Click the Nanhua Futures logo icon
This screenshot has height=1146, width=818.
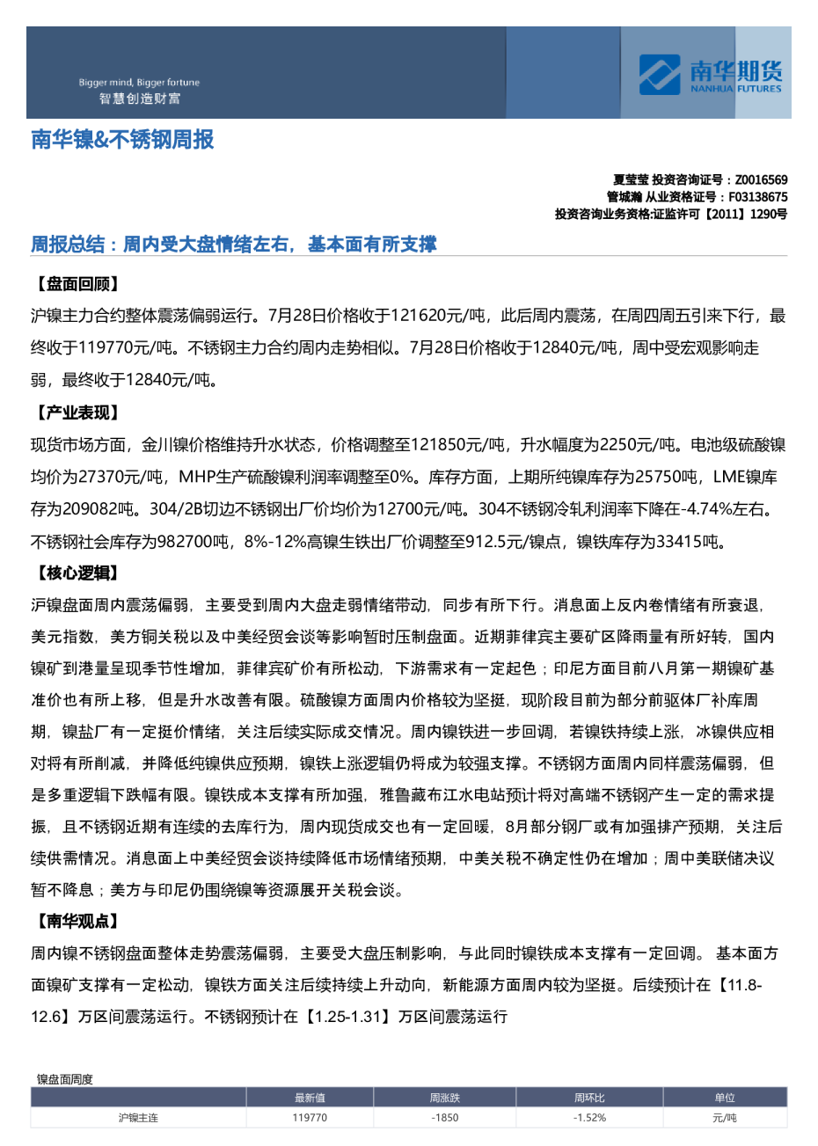coord(659,75)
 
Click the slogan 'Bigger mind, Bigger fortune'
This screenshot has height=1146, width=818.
coord(139,83)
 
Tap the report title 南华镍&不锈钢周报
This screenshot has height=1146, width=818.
coord(122,140)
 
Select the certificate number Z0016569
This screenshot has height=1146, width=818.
coord(761,180)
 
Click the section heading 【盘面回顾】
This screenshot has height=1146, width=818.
coord(77,284)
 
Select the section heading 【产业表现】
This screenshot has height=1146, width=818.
coord(77,412)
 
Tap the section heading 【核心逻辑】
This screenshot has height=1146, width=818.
coord(77,573)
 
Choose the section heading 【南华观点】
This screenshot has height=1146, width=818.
coord(77,921)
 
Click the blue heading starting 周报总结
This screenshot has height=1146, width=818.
coord(234,245)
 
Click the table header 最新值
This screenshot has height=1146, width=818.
coord(310,1098)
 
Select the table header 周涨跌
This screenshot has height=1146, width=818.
coord(445,1098)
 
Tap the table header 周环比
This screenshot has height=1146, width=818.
coord(589,1098)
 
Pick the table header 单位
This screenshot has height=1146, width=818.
coord(725,1098)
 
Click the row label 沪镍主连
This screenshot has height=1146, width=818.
coord(138,1118)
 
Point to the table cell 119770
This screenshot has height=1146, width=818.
coord(310,1118)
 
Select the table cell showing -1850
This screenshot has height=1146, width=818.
coord(445,1118)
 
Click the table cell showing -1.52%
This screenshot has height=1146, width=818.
coord(589,1118)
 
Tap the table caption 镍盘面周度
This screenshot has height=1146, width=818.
coord(65,1079)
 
